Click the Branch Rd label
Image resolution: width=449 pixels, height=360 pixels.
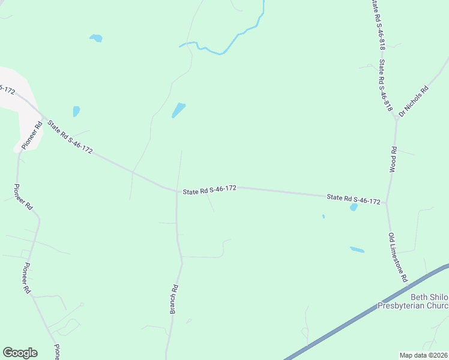click(x=174, y=299)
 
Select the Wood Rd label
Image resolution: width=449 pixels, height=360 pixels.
click(x=394, y=160)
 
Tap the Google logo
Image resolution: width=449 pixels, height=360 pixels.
click(x=20, y=353)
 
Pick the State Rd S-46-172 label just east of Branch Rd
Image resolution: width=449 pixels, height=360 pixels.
click(x=209, y=190)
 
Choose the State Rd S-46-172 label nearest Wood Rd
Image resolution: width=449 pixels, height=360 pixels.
click(x=354, y=199)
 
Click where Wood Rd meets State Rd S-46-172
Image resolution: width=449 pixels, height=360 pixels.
click(x=387, y=203)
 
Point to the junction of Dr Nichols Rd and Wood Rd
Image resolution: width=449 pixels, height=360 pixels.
click(x=396, y=119)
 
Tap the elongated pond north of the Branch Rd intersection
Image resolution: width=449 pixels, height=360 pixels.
click(x=179, y=110)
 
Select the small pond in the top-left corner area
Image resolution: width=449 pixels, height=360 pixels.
click(x=96, y=38)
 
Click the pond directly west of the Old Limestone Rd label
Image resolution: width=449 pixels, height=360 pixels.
click(x=357, y=250)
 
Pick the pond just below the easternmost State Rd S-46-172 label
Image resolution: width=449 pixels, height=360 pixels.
click(x=354, y=208)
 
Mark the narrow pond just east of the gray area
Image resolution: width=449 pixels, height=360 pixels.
click(x=76, y=111)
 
